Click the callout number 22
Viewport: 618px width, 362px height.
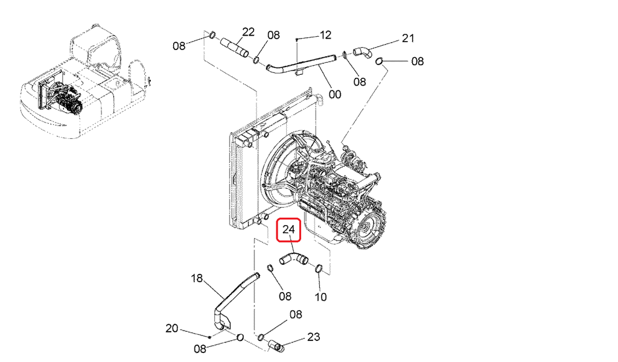coord(249,32)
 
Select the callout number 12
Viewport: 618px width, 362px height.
coord(325,35)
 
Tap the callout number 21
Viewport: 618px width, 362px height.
coord(409,39)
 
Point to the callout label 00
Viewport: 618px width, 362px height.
coord(335,94)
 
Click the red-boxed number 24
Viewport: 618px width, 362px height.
coord(288,229)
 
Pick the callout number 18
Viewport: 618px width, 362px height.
coord(197,279)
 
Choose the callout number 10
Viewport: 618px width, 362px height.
coord(321,297)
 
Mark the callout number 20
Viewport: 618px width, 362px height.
coord(173,329)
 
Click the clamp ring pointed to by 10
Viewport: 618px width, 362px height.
coord(319,268)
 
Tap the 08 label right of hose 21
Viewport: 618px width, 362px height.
coord(418,61)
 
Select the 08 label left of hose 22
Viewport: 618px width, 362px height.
coord(179,45)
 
